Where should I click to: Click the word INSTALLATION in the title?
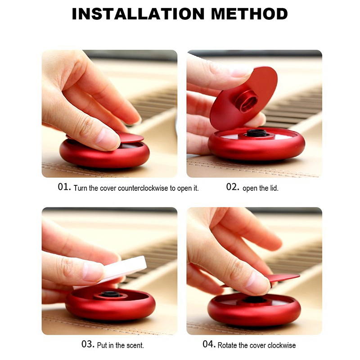click(138, 14)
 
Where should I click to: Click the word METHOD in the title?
click(249, 14)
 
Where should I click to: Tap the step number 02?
click(233, 187)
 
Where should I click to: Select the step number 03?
click(88, 344)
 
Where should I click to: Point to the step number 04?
click(209, 344)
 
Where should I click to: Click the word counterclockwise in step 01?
click(143, 188)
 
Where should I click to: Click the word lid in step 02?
click(274, 188)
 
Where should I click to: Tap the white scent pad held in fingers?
click(124, 269)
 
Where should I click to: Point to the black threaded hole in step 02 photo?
click(256, 133)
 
